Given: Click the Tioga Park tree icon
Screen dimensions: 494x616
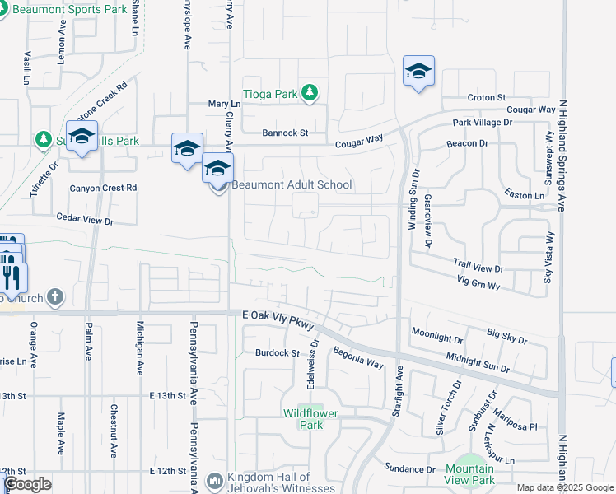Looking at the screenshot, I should coord(310,93).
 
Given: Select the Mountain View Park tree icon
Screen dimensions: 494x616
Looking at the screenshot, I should coord(470,466).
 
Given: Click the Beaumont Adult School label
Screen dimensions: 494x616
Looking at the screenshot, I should coord(292,184).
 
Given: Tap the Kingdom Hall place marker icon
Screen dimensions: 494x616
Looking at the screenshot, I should coord(214,479).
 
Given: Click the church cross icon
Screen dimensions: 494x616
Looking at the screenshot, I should coord(54,296).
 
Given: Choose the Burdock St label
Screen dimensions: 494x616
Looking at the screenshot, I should coord(277,353).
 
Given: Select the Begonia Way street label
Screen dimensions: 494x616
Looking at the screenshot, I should coord(357,357).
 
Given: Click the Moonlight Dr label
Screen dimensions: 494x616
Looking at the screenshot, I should coord(437,338).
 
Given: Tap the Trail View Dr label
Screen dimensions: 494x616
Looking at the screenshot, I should coord(478,264).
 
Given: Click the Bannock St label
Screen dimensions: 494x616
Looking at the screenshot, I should coord(285,133).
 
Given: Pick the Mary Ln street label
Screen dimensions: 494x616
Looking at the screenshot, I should coord(224,105).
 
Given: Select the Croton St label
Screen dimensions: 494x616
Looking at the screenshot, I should coord(487,97).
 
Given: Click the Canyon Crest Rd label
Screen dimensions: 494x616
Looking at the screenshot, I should coord(103,188).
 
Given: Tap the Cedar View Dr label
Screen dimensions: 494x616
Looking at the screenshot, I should coord(84,218).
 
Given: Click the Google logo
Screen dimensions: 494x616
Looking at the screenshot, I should coord(27,484).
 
